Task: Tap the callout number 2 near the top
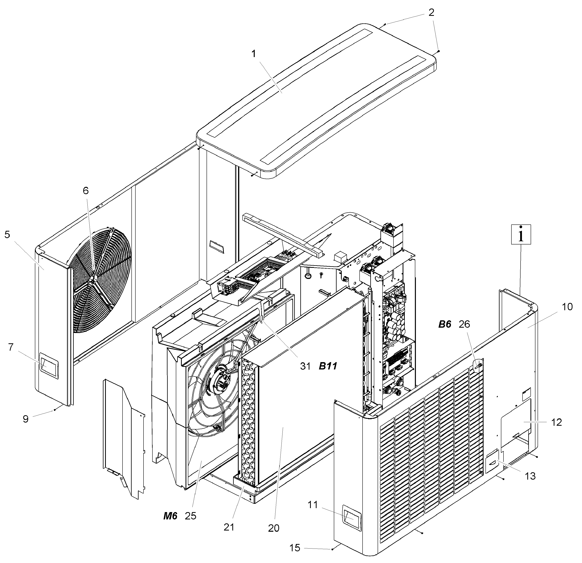tap(432, 12)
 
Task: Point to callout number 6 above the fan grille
tap(86, 191)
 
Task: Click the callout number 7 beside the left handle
tap(11, 347)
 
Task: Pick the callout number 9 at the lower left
tap(26, 419)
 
